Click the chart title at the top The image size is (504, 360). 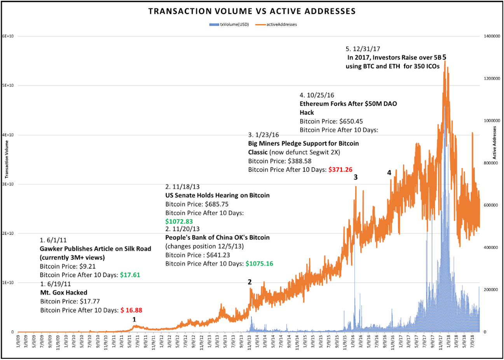click(252, 11)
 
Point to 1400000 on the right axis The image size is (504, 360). click(492, 37)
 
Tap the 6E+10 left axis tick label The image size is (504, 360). click(8, 36)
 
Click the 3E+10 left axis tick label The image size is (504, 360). click(8, 184)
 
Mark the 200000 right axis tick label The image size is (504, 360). click(490, 290)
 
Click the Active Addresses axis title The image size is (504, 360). click(494, 142)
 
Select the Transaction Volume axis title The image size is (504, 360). click(7, 159)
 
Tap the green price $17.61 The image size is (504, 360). click(130, 275)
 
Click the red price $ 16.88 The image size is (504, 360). click(131, 310)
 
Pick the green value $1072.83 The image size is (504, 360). click(179, 222)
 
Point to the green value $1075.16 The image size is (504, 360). click(259, 264)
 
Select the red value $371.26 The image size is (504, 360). click(340, 170)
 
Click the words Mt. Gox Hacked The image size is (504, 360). click(64, 293)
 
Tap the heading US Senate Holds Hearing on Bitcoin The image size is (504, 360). click(217, 195)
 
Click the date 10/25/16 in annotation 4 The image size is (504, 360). click(320, 95)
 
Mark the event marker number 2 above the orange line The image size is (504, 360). click(250, 282)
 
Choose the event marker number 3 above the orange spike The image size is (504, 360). click(356, 177)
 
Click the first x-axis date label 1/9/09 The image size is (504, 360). click(19, 341)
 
